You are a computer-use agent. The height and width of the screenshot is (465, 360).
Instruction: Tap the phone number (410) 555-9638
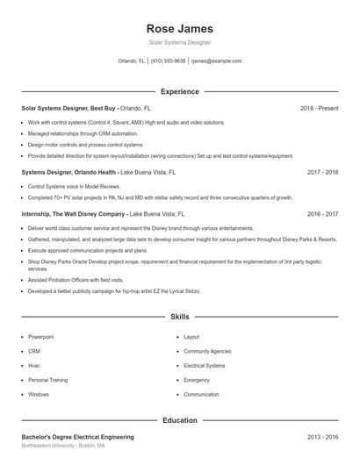(168, 61)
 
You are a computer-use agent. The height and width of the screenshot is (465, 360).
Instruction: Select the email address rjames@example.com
(216, 61)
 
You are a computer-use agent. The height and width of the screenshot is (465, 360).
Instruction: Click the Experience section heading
(179, 91)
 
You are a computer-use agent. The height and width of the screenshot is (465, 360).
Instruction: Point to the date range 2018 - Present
(319, 108)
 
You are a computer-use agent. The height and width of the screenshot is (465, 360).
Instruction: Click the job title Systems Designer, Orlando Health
(68, 173)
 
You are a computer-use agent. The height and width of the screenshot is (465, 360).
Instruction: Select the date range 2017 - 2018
(322, 173)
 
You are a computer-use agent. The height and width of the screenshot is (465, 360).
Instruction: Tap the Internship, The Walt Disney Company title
(74, 213)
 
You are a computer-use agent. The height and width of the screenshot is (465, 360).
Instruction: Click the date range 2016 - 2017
(322, 213)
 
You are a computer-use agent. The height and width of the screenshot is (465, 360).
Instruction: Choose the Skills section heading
(179, 316)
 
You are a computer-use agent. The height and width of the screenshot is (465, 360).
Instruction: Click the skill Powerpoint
(41, 337)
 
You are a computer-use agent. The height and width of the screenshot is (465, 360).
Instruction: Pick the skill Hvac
(34, 366)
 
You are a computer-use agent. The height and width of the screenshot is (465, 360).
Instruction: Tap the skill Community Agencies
(207, 351)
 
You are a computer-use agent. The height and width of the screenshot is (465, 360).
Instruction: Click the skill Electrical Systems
(205, 366)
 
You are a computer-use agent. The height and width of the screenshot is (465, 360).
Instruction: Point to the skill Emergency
(197, 380)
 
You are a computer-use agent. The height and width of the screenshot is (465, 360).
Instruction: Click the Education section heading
(179, 420)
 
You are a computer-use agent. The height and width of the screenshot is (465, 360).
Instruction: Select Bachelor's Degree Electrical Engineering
(77, 436)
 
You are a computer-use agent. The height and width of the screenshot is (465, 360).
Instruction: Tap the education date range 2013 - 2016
(322, 436)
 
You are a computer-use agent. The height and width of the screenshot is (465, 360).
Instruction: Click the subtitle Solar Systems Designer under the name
(179, 42)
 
